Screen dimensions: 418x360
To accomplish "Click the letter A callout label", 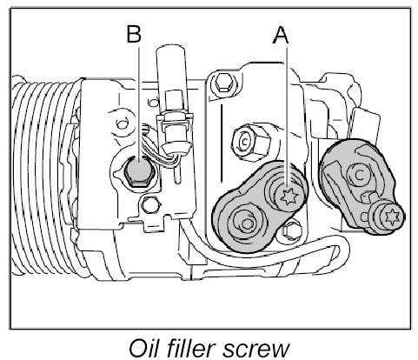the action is (281, 36).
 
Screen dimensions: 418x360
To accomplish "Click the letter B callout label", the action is (134, 34).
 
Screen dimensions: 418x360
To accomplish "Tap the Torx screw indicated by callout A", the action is (288, 196).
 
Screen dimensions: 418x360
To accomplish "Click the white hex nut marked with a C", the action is (250, 141).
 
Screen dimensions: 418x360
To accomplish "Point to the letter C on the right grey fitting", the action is (360, 175).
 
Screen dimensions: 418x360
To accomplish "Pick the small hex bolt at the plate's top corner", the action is (223, 83).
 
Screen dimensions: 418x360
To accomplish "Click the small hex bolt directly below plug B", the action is (149, 204).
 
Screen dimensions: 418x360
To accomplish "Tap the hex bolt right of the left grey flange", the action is (292, 230).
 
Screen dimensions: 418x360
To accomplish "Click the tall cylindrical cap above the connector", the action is (170, 68).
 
